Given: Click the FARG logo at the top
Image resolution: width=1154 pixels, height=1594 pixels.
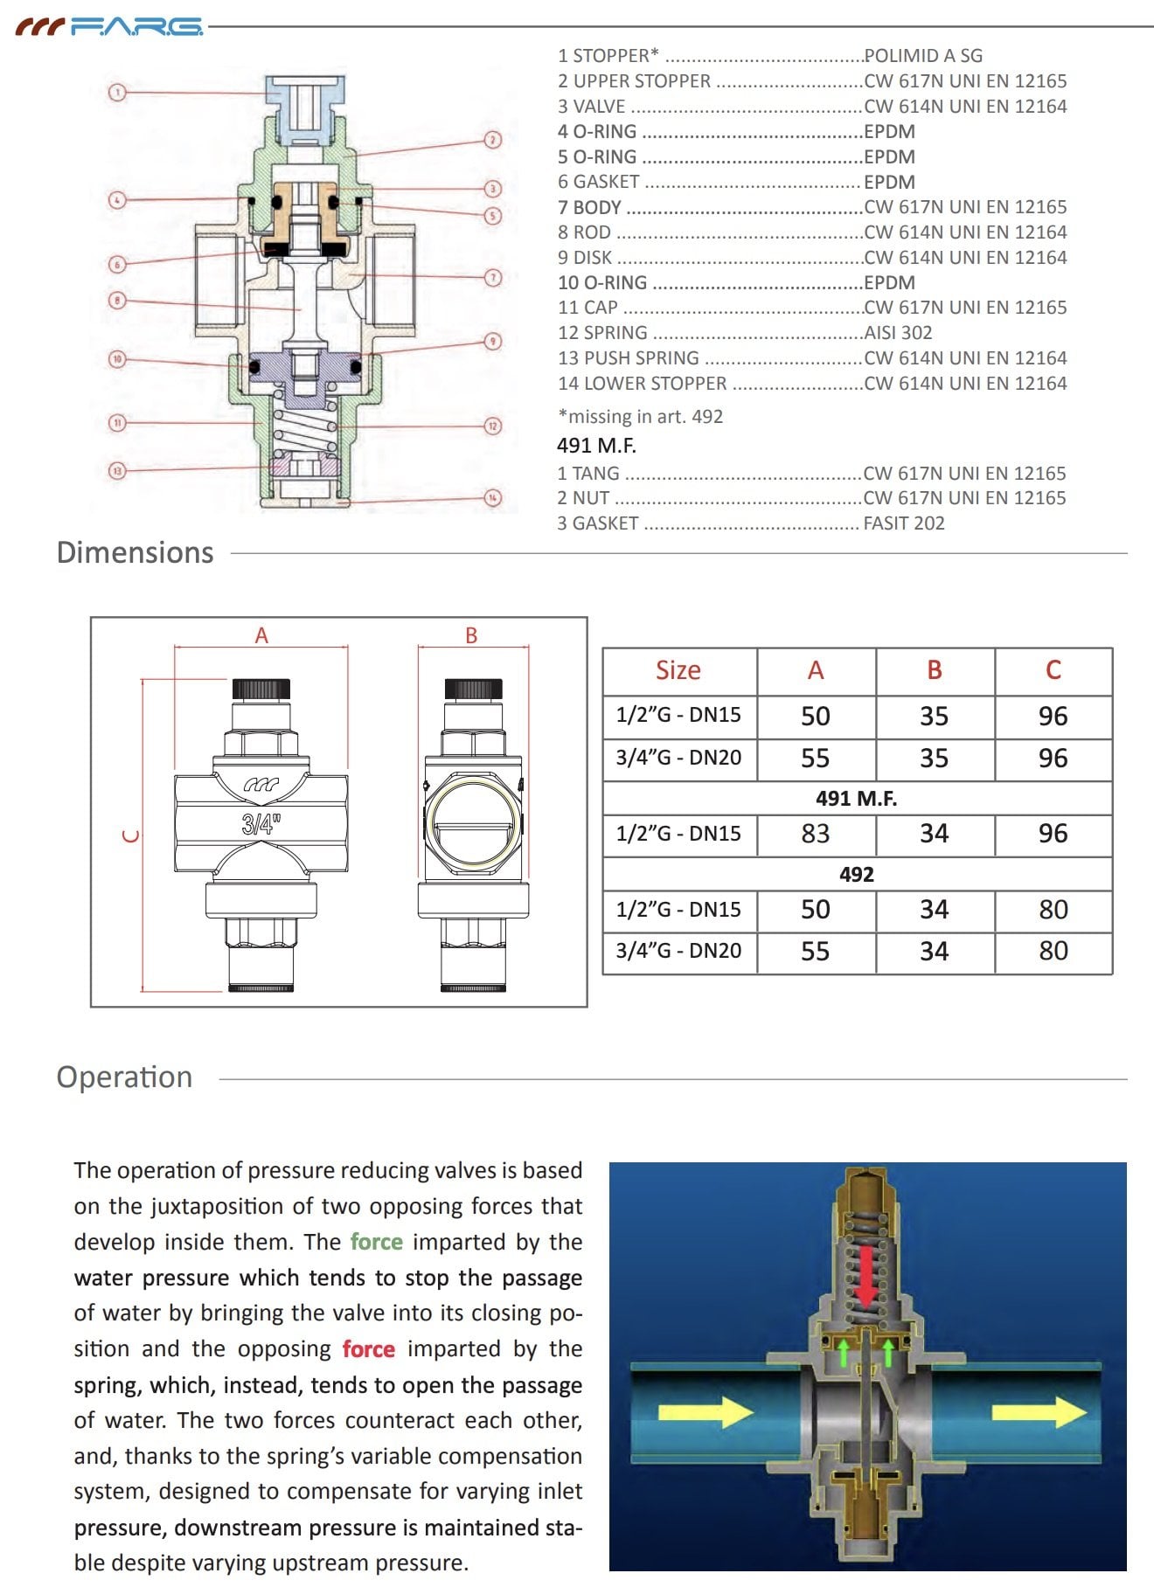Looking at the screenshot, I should [109, 27].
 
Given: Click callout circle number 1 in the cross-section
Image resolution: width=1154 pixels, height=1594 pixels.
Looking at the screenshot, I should [117, 92].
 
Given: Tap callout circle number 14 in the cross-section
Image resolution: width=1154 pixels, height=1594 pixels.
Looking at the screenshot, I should [493, 498].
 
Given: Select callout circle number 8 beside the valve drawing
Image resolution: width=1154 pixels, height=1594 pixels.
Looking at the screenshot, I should [117, 301].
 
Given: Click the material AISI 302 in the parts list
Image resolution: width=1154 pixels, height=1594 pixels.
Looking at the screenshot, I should [898, 333].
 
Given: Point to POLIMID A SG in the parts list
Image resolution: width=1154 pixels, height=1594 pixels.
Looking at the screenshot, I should [923, 56].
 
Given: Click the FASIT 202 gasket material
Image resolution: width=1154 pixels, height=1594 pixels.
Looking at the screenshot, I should [904, 523].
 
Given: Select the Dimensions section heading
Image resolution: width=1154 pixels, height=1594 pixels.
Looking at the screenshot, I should [135, 553].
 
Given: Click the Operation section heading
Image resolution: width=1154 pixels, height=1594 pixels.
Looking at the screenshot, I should [124, 1078].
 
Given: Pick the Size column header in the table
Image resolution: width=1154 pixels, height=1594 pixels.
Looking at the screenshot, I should [678, 670].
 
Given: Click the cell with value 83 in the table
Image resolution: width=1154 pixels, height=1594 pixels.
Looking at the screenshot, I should [815, 834].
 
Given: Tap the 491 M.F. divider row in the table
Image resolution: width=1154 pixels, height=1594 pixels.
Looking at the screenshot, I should [856, 799].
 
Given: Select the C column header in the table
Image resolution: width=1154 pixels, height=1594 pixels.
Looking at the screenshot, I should [1053, 670].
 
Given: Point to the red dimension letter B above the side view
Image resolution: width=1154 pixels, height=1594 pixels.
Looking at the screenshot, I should [472, 636].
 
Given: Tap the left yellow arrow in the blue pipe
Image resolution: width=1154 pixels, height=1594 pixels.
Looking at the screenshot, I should [705, 1411].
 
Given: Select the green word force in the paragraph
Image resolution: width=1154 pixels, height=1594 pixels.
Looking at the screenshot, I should [377, 1242].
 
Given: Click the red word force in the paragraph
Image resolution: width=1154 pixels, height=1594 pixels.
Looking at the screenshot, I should [368, 1349].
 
